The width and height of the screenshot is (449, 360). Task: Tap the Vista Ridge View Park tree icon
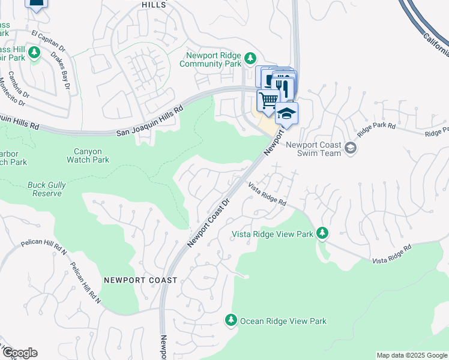322,233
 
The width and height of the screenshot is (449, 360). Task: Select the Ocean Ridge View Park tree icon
231,320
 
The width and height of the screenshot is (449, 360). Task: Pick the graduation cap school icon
287,112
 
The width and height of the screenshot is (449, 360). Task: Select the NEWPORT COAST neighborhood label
140,280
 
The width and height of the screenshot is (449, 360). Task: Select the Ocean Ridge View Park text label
283,321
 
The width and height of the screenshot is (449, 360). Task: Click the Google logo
19,353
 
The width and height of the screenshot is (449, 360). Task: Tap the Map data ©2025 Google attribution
412,355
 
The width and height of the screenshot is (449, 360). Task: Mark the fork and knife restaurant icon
285,87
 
